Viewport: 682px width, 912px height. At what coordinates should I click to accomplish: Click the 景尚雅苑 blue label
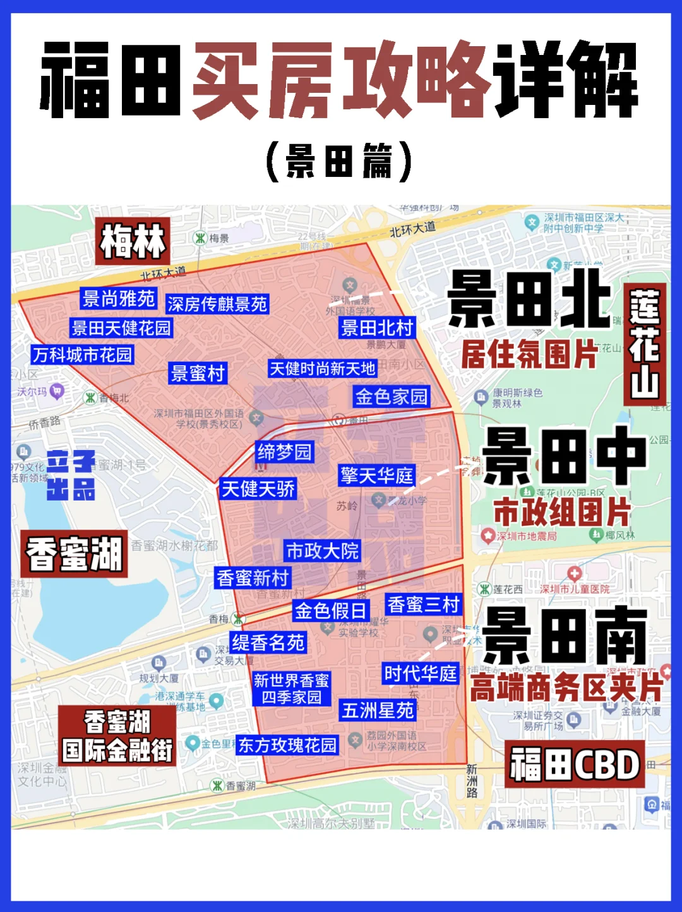119,298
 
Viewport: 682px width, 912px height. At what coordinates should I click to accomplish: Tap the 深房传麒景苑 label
217,304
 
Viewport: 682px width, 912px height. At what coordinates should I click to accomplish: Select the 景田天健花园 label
121,328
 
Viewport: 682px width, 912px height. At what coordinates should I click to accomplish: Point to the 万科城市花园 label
83,355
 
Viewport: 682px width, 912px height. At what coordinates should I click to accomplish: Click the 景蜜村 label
198,373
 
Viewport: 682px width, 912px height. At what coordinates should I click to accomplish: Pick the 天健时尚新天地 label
322,368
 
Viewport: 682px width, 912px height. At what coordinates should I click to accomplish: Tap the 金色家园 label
392,396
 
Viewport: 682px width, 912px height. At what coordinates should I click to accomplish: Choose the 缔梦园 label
284,452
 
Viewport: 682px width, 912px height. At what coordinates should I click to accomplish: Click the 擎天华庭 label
377,475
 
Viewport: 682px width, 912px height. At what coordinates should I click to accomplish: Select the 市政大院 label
322,550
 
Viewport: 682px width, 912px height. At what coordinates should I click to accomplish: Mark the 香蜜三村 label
423,604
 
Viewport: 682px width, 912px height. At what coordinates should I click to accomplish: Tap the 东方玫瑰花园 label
287,745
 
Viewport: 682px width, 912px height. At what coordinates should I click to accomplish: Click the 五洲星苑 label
378,710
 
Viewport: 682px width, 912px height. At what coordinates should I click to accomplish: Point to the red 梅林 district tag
133,241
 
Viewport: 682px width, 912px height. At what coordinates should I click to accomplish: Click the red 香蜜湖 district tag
75,554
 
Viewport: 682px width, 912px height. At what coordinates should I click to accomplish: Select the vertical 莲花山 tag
645,344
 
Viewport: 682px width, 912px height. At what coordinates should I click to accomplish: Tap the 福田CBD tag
575,765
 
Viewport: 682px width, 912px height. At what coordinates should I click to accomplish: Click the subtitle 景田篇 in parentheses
340,161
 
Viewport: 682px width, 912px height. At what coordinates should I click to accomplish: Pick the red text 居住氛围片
529,354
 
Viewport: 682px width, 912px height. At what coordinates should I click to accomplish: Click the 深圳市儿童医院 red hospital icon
574,574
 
